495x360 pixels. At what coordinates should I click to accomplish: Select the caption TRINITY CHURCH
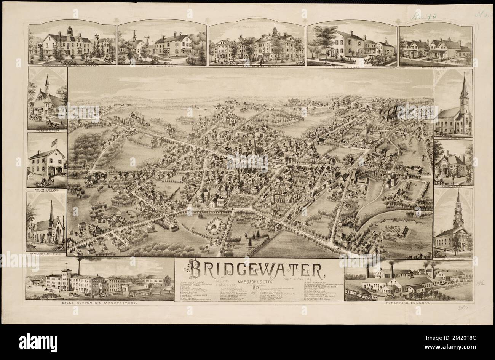(47, 131)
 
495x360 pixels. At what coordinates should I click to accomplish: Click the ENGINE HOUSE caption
(47, 189)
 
